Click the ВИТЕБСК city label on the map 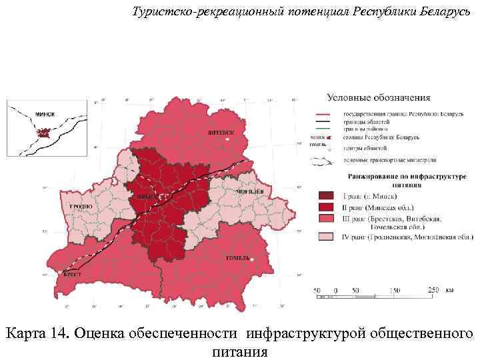click(x=221, y=132)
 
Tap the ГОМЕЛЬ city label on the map click(x=238, y=257)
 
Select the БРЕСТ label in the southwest click(x=72, y=274)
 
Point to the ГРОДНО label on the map click(x=80, y=208)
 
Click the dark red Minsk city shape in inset click(x=43, y=133)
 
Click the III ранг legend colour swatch click(x=325, y=219)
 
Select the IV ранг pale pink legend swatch click(x=325, y=237)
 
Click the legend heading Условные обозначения click(x=377, y=98)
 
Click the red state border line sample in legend click(x=325, y=114)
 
